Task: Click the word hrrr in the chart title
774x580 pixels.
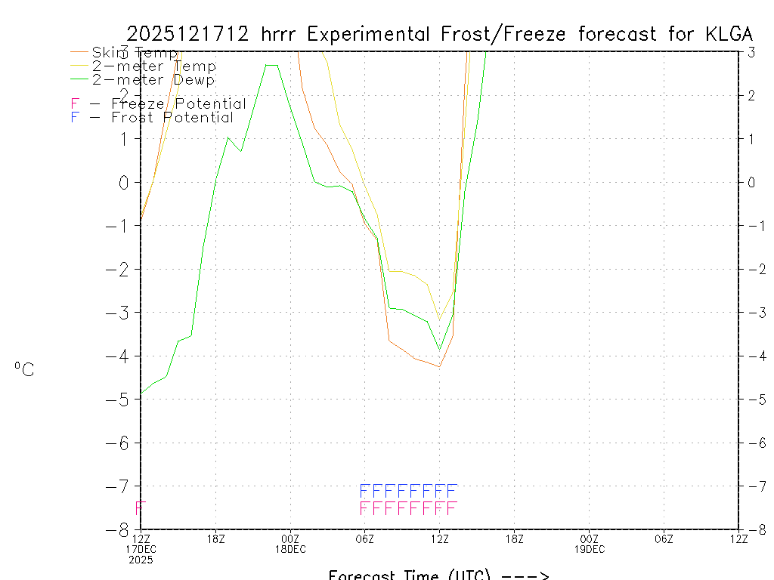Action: coord(279,34)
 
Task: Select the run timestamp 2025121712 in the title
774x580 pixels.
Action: coord(189,34)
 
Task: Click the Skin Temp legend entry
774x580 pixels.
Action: coord(134,52)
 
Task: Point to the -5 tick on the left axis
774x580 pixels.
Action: coord(121,399)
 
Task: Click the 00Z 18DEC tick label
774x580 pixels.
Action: coord(290,543)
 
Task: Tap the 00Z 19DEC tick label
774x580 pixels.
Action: coord(589,543)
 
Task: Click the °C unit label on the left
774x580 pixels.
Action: coord(23,369)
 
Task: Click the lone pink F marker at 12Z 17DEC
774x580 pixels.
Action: coord(140,507)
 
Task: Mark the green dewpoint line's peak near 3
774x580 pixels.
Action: coord(271,65)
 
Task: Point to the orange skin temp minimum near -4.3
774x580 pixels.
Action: coord(439,366)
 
